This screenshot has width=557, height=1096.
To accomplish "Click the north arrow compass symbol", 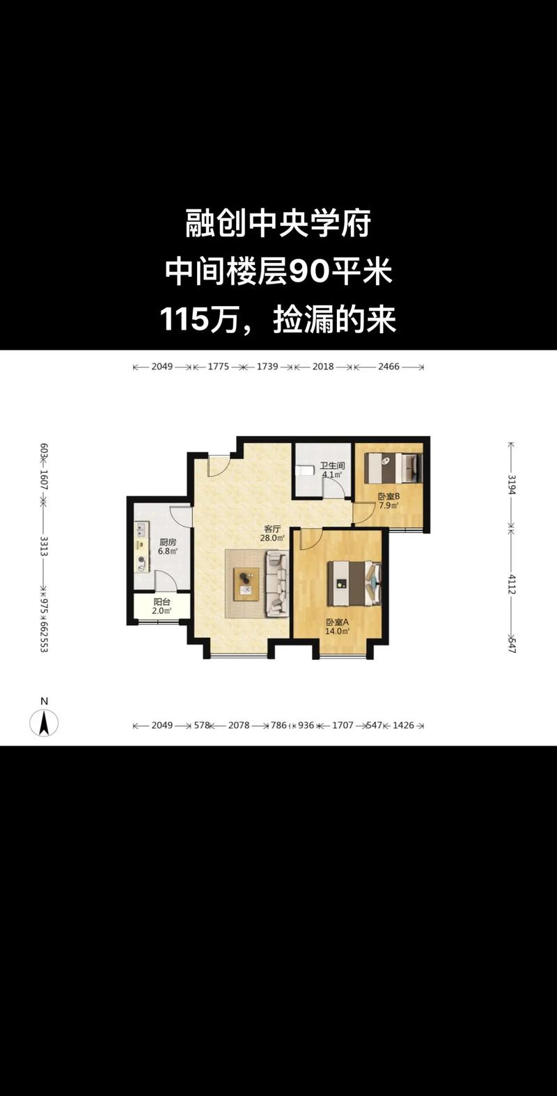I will [x=44, y=723].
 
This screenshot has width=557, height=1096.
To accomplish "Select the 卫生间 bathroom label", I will [x=332, y=466].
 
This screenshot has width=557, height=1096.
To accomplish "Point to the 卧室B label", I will [x=388, y=497].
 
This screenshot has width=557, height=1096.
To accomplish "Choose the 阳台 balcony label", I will [x=162, y=602].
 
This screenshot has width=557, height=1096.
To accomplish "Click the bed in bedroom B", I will [x=394, y=467].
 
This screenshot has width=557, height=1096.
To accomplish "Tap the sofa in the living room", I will [x=277, y=583].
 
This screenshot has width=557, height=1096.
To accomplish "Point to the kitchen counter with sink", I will [x=142, y=547].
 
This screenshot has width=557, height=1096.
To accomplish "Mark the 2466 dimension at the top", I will [x=389, y=366].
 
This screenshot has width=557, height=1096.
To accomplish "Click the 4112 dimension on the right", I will [x=512, y=583].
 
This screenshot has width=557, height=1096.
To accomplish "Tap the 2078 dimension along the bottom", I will [x=239, y=725].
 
